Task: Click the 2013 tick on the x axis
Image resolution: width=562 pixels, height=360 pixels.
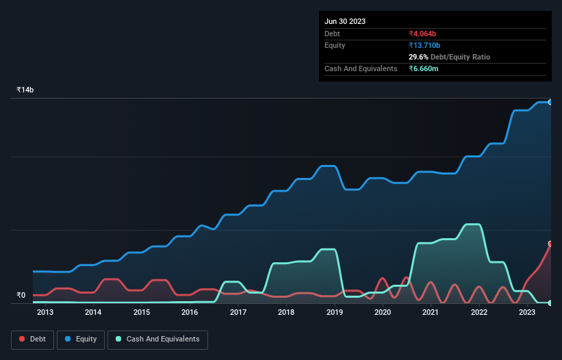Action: pos(45,313)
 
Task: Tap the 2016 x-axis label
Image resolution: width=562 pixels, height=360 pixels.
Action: pos(190,313)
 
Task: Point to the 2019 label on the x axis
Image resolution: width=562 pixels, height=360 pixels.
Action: pos(334,313)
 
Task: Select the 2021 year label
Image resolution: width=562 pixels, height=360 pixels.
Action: pos(431,313)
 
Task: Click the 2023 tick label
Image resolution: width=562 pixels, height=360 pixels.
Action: pos(527,313)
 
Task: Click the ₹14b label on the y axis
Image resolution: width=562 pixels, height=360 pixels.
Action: pos(25,90)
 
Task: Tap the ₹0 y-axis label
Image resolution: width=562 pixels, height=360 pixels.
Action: pos(21,296)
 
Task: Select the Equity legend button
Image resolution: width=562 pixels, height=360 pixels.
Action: pos(81,339)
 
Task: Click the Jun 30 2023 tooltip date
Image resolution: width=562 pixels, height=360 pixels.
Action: pos(345,21)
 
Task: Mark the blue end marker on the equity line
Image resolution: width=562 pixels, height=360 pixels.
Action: pos(550,102)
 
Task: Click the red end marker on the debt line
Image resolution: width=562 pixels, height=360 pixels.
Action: pos(550,244)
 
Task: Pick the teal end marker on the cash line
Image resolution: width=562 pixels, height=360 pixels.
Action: pos(550,303)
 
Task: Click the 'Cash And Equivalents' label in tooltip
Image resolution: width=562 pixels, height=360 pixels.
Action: pos(361,69)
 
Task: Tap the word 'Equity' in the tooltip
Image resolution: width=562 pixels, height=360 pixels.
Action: pos(335,45)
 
